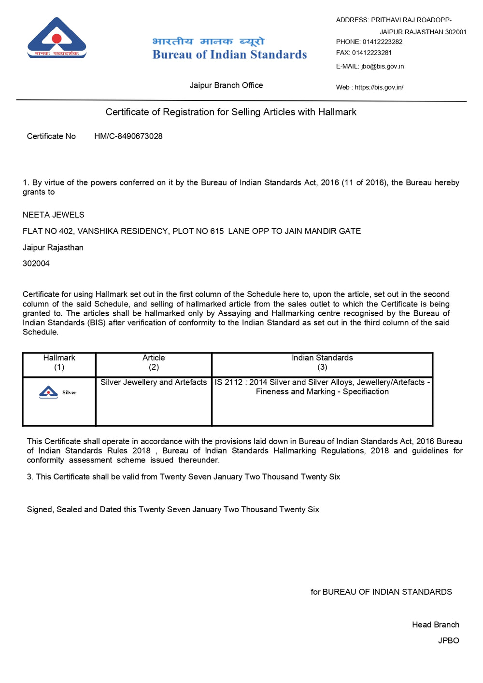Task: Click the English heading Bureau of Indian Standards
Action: click(x=229, y=55)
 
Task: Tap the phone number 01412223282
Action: click(x=382, y=42)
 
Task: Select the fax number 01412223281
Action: click(x=371, y=53)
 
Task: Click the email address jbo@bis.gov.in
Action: click(x=382, y=66)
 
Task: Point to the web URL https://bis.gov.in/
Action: click(x=379, y=87)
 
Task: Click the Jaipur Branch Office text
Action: click(x=226, y=85)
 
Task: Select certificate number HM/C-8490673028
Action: click(x=128, y=136)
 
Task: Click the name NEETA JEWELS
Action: click(x=53, y=215)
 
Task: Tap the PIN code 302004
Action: click(x=36, y=264)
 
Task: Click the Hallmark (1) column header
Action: click(x=59, y=362)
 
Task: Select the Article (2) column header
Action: click(x=154, y=362)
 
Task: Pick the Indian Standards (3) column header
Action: click(x=322, y=362)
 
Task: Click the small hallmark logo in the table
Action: click(x=49, y=392)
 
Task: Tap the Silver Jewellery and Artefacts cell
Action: click(x=154, y=382)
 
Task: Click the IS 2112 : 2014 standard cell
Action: click(x=322, y=387)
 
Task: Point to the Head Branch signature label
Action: click(x=435, y=625)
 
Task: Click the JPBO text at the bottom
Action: click(x=448, y=641)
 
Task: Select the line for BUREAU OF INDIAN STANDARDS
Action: click(x=381, y=592)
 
